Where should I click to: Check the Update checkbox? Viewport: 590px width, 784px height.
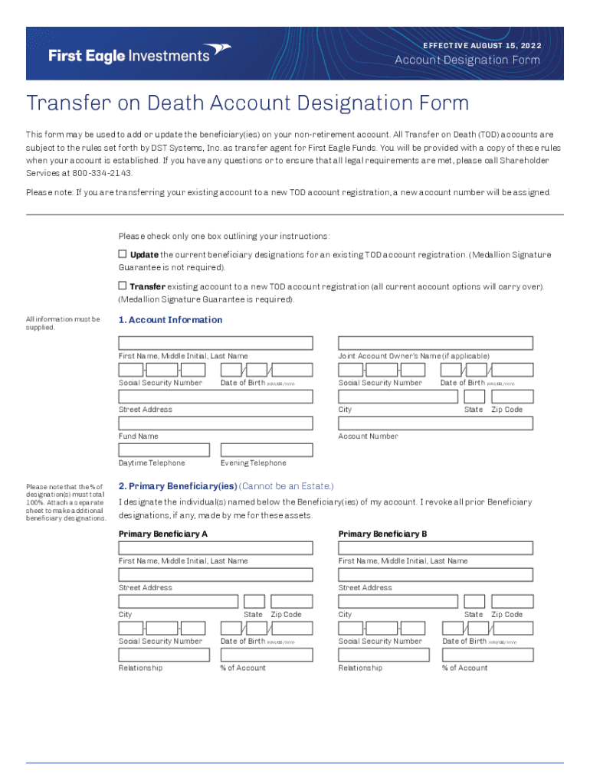point(122,254)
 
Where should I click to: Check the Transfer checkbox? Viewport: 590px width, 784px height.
point(122,286)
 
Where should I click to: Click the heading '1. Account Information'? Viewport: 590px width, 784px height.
point(170,320)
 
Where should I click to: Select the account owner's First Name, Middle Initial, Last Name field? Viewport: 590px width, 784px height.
point(215,343)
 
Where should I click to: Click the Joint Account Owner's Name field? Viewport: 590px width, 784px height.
point(435,343)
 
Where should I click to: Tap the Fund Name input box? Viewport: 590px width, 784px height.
point(215,423)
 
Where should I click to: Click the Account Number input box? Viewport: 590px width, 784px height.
point(435,423)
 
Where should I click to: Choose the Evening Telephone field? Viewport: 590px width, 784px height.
point(266,450)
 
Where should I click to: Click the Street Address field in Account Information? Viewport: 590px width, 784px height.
point(215,397)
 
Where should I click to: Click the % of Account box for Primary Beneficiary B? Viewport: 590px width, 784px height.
point(487,655)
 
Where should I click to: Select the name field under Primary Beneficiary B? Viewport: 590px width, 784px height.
point(435,548)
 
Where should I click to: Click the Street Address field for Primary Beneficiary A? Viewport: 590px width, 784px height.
point(215,575)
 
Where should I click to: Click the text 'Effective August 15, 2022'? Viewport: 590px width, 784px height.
point(482,46)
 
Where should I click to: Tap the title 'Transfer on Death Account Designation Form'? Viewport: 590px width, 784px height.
point(247,103)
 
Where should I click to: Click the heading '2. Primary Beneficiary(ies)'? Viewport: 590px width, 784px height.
point(177,486)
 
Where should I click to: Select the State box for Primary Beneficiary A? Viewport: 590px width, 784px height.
point(254,602)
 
